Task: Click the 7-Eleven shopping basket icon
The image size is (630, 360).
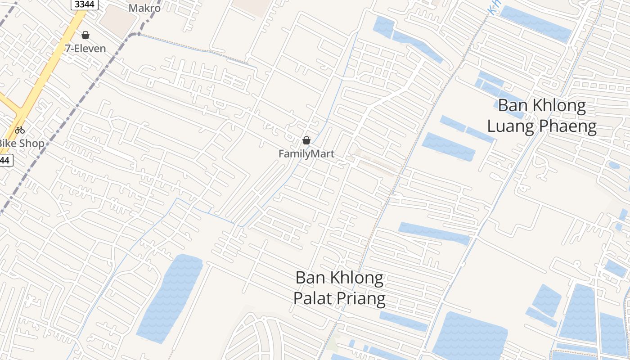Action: click(85, 35)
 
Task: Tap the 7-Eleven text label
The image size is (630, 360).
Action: click(85, 49)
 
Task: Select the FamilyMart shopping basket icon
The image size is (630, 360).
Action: click(306, 140)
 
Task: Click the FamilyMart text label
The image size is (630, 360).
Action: click(306, 154)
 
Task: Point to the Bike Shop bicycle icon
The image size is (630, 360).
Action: click(20, 130)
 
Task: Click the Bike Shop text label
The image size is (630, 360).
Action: click(22, 144)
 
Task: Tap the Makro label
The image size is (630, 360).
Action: click(144, 8)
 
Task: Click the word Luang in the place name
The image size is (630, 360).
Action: click(512, 126)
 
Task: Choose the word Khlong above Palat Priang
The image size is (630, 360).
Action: click(357, 278)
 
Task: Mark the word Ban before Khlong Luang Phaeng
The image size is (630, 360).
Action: click(513, 106)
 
